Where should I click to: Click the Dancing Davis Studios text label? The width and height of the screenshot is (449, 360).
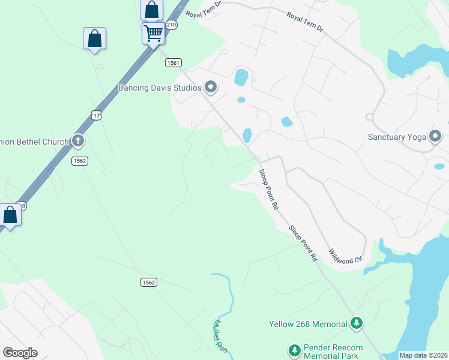point(160,88)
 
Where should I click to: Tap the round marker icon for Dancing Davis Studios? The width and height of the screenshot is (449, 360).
point(211,88)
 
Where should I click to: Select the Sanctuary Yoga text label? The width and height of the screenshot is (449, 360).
point(396,137)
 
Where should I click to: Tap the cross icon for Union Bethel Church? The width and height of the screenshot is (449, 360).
point(77,142)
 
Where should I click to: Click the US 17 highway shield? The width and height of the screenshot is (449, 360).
point(97,114)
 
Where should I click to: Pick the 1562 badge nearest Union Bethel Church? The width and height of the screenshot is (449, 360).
point(80,161)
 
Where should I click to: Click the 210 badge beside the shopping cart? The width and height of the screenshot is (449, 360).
point(172,25)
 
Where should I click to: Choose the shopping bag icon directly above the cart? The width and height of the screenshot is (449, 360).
point(152,10)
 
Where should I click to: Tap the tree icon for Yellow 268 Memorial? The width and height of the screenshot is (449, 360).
point(357,324)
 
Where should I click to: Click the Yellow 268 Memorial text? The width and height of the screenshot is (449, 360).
point(307,324)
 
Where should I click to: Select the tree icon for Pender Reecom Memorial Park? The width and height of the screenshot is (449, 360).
point(294,350)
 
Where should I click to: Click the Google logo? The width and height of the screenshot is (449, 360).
point(20,353)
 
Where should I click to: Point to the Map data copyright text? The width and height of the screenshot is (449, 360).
point(423,355)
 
